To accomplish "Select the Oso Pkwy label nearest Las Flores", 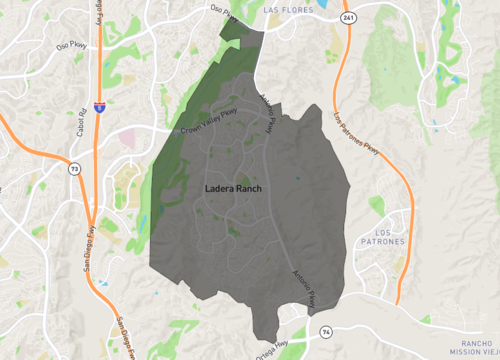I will tap(225, 13).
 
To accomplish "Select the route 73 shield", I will tap(74, 169).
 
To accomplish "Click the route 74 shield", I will tap(326, 330).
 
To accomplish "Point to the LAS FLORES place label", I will tap(288, 9).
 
